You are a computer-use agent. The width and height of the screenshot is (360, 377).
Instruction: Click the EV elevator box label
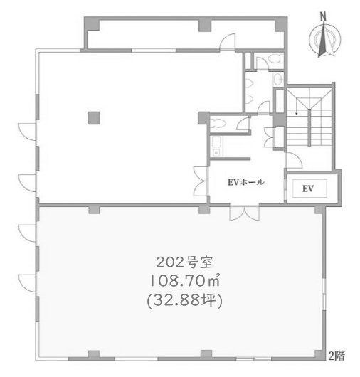(307, 188)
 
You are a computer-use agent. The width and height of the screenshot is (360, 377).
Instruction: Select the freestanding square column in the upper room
(92, 117)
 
